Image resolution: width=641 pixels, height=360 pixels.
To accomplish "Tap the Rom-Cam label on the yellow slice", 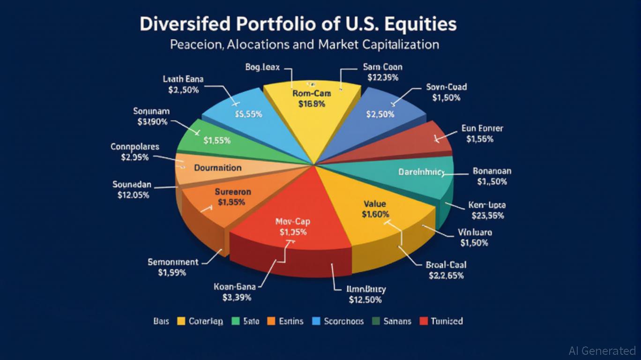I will point(312,94).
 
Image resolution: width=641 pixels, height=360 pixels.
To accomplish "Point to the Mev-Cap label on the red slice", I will point(293,222).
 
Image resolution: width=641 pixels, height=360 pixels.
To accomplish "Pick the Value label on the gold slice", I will point(375,204).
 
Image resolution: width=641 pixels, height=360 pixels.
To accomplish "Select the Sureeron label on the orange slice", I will point(233,192).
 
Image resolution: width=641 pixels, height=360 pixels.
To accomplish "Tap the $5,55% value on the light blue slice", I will point(248,114).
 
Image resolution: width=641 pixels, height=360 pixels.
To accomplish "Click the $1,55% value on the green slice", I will point(217,140).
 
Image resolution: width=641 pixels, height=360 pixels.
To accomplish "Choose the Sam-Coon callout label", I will point(383,67).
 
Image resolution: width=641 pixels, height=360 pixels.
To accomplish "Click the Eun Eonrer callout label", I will point(482,128).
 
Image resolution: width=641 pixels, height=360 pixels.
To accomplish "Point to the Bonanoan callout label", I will point(492,171).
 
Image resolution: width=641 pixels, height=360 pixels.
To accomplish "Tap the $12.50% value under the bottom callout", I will point(365,300).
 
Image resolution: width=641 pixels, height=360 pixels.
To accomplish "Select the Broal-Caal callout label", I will point(446,265).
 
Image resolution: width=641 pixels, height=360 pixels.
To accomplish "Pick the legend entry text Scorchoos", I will point(343,321).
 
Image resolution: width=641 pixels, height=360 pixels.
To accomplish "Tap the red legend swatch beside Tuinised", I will point(424,321).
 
